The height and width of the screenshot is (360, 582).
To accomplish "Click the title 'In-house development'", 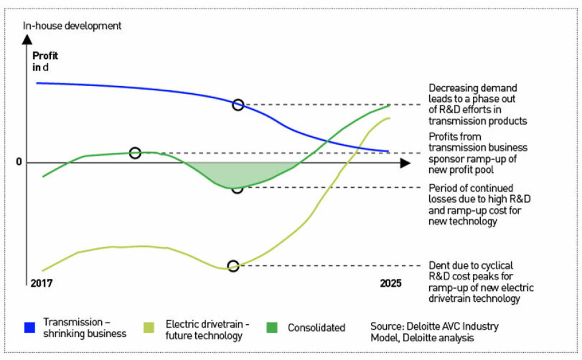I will pyautogui.click(x=72, y=25).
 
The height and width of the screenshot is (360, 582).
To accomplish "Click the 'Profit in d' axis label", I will pyautogui.click(x=45, y=61).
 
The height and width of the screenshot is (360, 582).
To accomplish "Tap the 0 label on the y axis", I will pyautogui.click(x=19, y=162).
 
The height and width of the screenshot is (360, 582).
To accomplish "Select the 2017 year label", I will pyautogui.click(x=42, y=283).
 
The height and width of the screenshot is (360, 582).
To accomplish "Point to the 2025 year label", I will pyautogui.click(x=390, y=283).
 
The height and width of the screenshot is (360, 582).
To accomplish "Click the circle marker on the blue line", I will pyautogui.click(x=238, y=105).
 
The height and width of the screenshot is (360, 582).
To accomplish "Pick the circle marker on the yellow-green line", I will pyautogui.click(x=233, y=266).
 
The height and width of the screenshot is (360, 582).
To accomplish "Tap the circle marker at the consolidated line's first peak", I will pyautogui.click(x=135, y=153).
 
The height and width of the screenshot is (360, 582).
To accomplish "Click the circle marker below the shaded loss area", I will pyautogui.click(x=238, y=188).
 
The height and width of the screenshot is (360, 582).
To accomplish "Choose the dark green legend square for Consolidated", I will pyautogui.click(x=273, y=328).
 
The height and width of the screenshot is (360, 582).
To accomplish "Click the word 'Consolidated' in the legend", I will pyautogui.click(x=316, y=328).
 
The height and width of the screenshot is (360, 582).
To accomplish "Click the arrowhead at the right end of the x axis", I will pyautogui.click(x=405, y=162).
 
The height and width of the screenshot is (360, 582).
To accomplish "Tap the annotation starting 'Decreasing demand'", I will pyautogui.click(x=478, y=104).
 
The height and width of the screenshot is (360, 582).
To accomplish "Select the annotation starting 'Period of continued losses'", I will pyautogui.click(x=474, y=205).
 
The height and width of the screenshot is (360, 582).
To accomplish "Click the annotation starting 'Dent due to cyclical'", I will pyautogui.click(x=481, y=282).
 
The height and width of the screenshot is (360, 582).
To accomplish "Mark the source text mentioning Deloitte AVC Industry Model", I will pyautogui.click(x=435, y=332).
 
